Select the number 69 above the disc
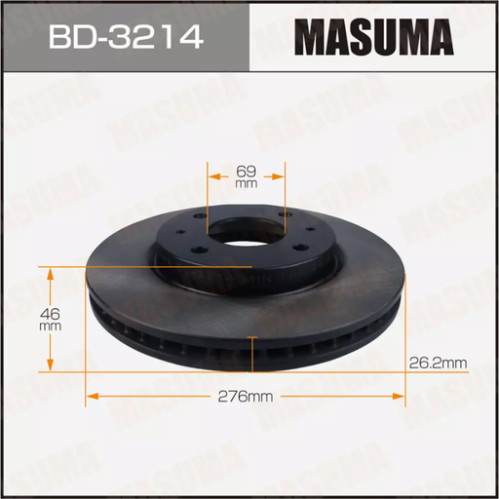(x=245, y=171)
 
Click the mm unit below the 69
(x=245, y=183)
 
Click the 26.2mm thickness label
(x=438, y=363)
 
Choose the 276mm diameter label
(x=244, y=396)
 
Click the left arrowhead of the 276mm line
(x=92, y=396)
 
